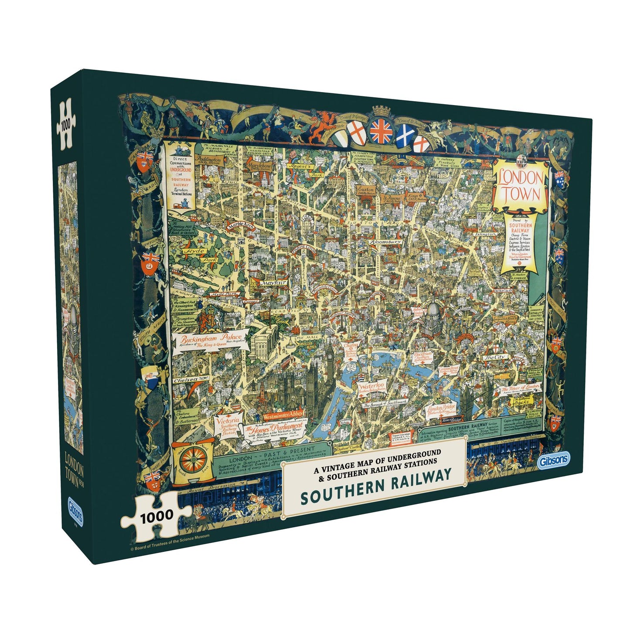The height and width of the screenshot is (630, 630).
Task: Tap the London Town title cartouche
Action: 521,187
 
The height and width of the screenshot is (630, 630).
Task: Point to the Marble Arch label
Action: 239,225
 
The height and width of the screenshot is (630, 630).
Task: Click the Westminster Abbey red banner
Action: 283,415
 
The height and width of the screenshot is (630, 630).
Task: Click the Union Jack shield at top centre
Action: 381,131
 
